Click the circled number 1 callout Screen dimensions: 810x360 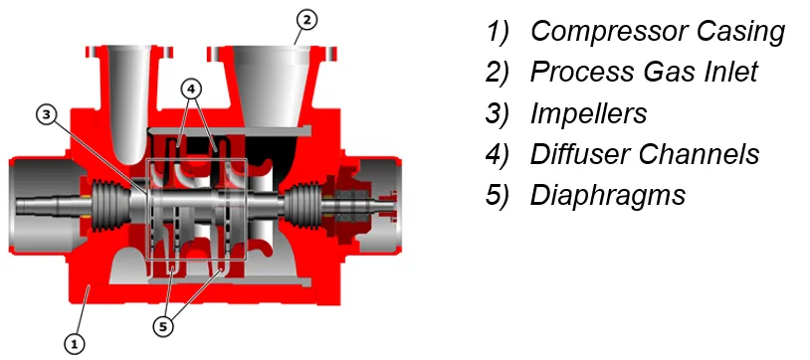coord(75,343)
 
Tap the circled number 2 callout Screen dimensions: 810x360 coord(306,20)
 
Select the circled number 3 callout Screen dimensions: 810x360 coord(47,114)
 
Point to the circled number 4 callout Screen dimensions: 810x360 coord(191,89)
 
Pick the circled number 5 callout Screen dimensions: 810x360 coord(164,326)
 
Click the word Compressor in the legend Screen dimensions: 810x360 coord(610,31)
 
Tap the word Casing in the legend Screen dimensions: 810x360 coord(740,33)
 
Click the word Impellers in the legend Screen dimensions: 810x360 coord(588,114)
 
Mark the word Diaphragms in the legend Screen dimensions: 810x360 coord(607,196)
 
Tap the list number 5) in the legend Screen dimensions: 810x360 coord(497,195)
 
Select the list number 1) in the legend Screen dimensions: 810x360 coord(497,32)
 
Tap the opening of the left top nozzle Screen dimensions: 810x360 coord(129,49)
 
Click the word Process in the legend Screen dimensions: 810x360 coord(583,72)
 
